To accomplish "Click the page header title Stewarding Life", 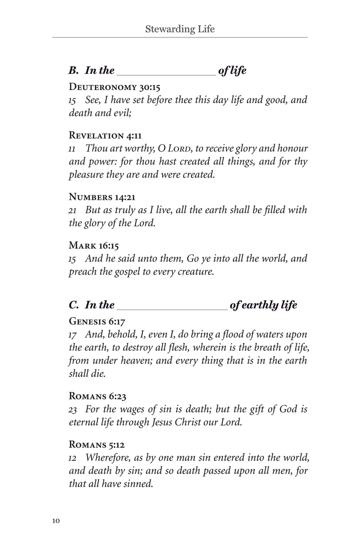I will point(180,29).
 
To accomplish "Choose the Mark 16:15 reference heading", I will point(93,245).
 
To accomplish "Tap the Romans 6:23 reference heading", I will point(98,396).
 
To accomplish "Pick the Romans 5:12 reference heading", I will point(97,445).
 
